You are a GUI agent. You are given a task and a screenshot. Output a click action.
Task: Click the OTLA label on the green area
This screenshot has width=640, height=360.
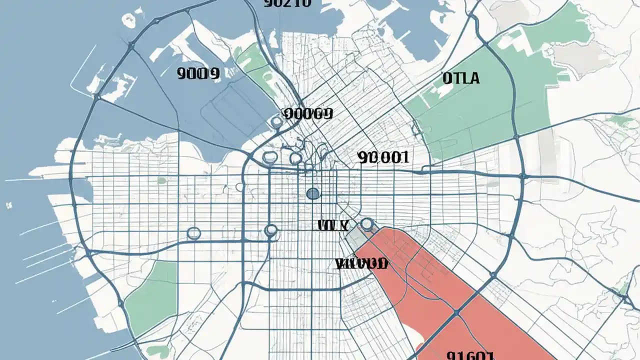(x=460, y=78)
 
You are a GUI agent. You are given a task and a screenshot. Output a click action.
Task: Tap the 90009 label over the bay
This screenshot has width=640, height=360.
(x=198, y=74)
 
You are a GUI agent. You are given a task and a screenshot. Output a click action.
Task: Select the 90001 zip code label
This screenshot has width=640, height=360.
(x=383, y=158)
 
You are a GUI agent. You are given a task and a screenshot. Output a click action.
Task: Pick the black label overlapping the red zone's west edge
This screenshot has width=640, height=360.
(x=361, y=263)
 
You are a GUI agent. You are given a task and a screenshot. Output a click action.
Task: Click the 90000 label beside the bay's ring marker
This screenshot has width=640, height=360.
(x=307, y=113)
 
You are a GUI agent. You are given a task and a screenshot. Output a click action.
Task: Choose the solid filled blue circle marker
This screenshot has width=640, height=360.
(x=312, y=193)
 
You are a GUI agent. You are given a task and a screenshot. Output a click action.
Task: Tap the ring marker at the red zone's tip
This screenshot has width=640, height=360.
(x=367, y=224)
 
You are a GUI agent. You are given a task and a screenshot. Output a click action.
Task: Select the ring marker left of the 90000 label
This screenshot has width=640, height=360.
(x=276, y=121)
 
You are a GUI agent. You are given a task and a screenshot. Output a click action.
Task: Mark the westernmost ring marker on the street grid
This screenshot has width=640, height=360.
(x=193, y=233)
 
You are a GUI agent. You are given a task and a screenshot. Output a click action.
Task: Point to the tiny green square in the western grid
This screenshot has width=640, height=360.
(x=161, y=180)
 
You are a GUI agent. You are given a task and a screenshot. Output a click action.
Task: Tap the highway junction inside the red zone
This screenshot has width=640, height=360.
(x=456, y=312)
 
